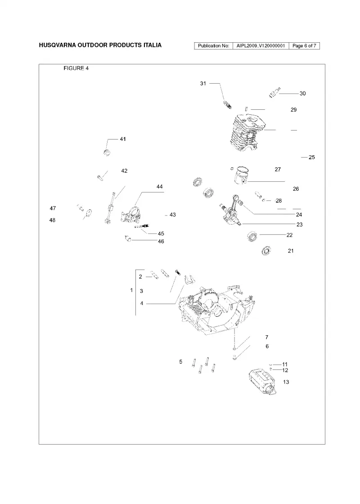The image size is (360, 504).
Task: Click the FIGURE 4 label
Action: point(76,68)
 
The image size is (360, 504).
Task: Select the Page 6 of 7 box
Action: point(304,45)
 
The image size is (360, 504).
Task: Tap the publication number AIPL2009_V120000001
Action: point(261,45)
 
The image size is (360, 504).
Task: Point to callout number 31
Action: point(203,84)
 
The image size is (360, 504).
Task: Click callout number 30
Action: point(303,94)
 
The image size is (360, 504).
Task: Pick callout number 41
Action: point(123,139)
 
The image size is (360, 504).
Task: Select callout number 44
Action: point(159,187)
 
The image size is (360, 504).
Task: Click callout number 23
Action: point(300,225)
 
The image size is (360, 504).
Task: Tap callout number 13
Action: point(286,382)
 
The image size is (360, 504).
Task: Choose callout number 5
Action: point(180,362)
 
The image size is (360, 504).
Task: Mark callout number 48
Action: point(52,220)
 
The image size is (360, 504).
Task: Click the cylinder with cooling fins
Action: point(248,132)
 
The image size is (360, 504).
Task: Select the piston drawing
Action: point(243,175)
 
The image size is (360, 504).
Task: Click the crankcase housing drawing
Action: point(216,309)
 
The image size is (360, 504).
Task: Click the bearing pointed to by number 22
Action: point(252,237)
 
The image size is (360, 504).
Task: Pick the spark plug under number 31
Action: point(228,104)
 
